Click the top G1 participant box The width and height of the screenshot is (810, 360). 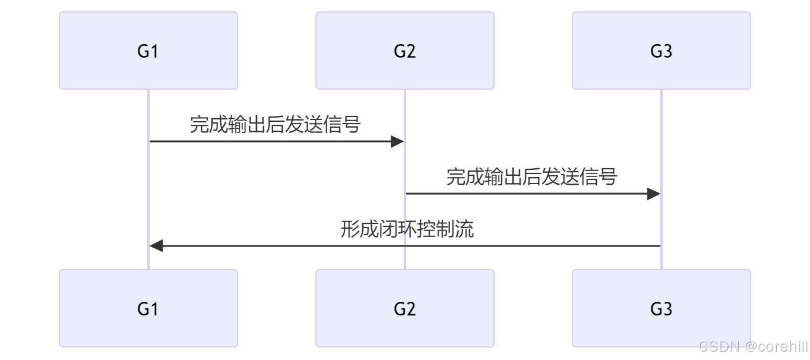148,50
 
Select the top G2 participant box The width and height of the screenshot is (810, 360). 405,50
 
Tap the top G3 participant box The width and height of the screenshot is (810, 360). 661,50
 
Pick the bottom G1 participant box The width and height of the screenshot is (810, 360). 148,308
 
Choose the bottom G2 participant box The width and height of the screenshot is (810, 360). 405,308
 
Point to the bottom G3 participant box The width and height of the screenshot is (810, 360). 661,308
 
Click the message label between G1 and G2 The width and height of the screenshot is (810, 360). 276,125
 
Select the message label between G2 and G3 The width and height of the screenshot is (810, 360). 531,176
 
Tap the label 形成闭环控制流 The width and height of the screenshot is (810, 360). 407,229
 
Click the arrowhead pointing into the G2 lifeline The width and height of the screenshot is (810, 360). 398,141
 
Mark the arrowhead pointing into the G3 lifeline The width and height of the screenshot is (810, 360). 654,194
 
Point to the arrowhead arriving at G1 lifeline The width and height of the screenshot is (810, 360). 156,245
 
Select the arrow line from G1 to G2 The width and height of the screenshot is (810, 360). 267,141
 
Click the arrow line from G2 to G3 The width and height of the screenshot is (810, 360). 523,194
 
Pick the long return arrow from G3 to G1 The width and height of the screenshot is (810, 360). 416,245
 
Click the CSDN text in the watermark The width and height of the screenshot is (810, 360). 718,346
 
